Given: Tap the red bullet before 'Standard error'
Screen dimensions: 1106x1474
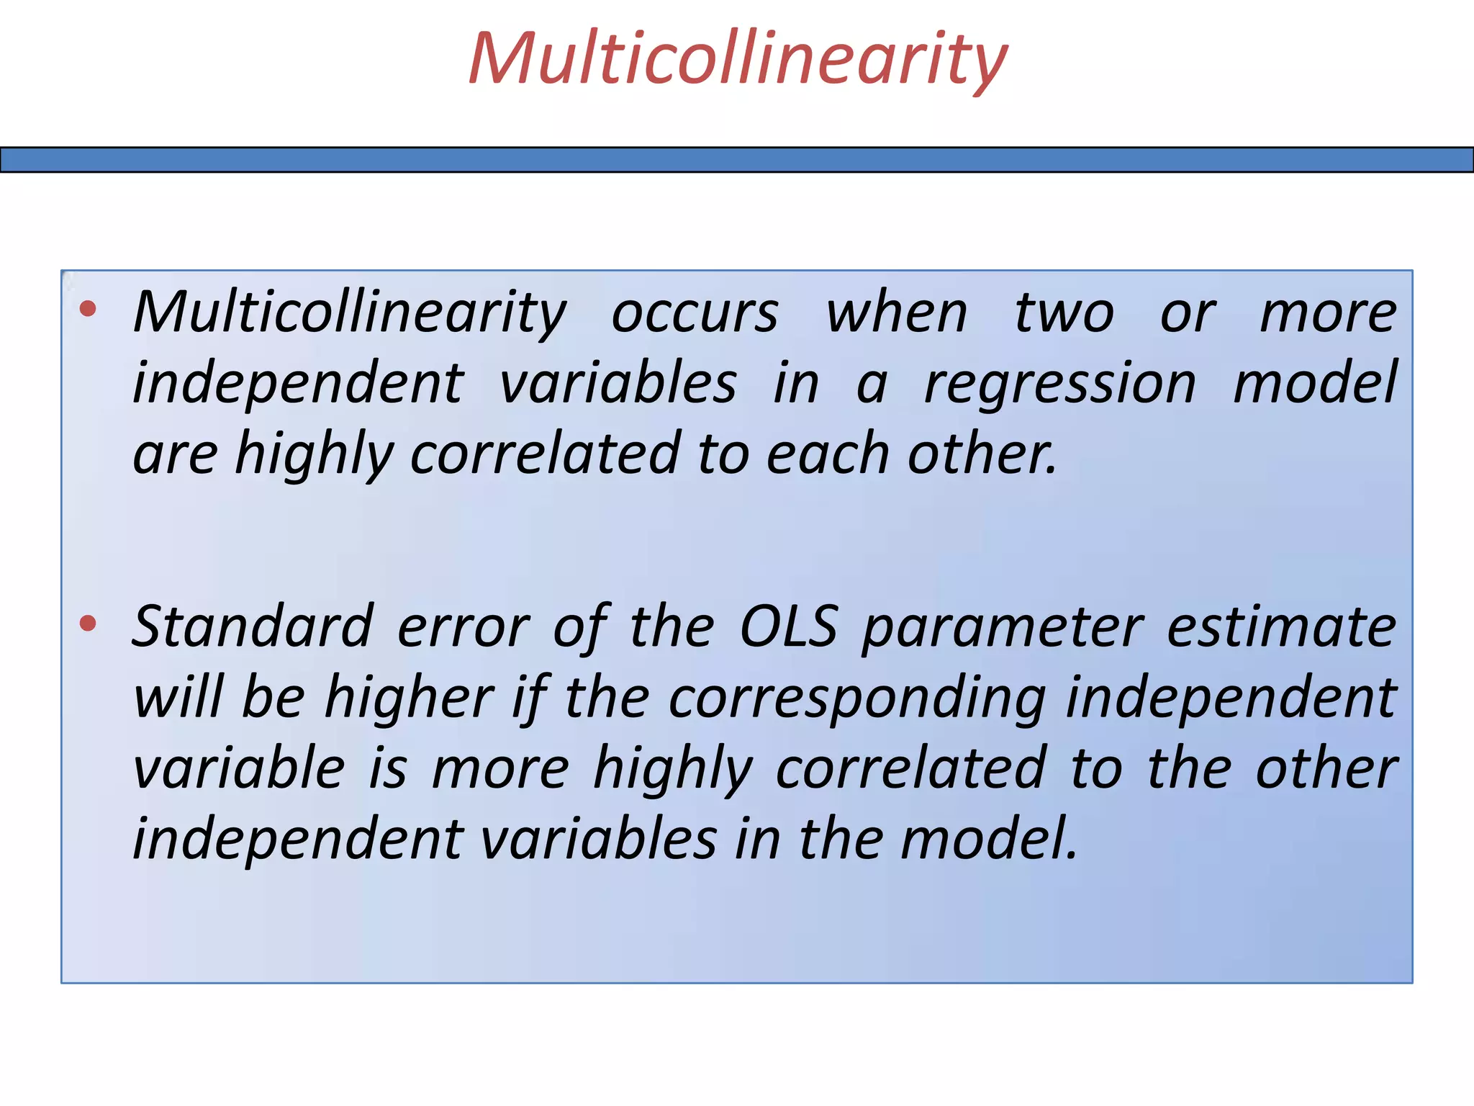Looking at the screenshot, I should tap(88, 623).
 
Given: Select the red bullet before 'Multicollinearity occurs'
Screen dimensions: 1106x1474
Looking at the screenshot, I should tap(88, 310).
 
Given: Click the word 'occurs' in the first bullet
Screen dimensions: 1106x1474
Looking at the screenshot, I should tap(695, 314).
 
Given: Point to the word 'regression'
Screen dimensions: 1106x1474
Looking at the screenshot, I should tap(1059, 385).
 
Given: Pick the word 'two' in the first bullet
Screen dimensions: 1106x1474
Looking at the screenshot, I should tap(1064, 314).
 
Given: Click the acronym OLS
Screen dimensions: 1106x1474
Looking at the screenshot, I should tap(789, 626).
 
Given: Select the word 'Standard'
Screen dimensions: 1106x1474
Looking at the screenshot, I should tap(253, 626).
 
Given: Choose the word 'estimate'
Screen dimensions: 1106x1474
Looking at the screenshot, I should tap(1281, 626).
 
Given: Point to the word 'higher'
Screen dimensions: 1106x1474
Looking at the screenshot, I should tap(409, 697).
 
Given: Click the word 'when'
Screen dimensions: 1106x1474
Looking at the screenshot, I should tap(896, 314).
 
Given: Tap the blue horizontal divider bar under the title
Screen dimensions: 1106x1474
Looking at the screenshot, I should tap(737, 160).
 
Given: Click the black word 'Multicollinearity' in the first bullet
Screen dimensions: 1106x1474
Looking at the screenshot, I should tap(350, 314).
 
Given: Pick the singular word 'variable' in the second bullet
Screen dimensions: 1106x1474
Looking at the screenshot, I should tap(239, 768).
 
